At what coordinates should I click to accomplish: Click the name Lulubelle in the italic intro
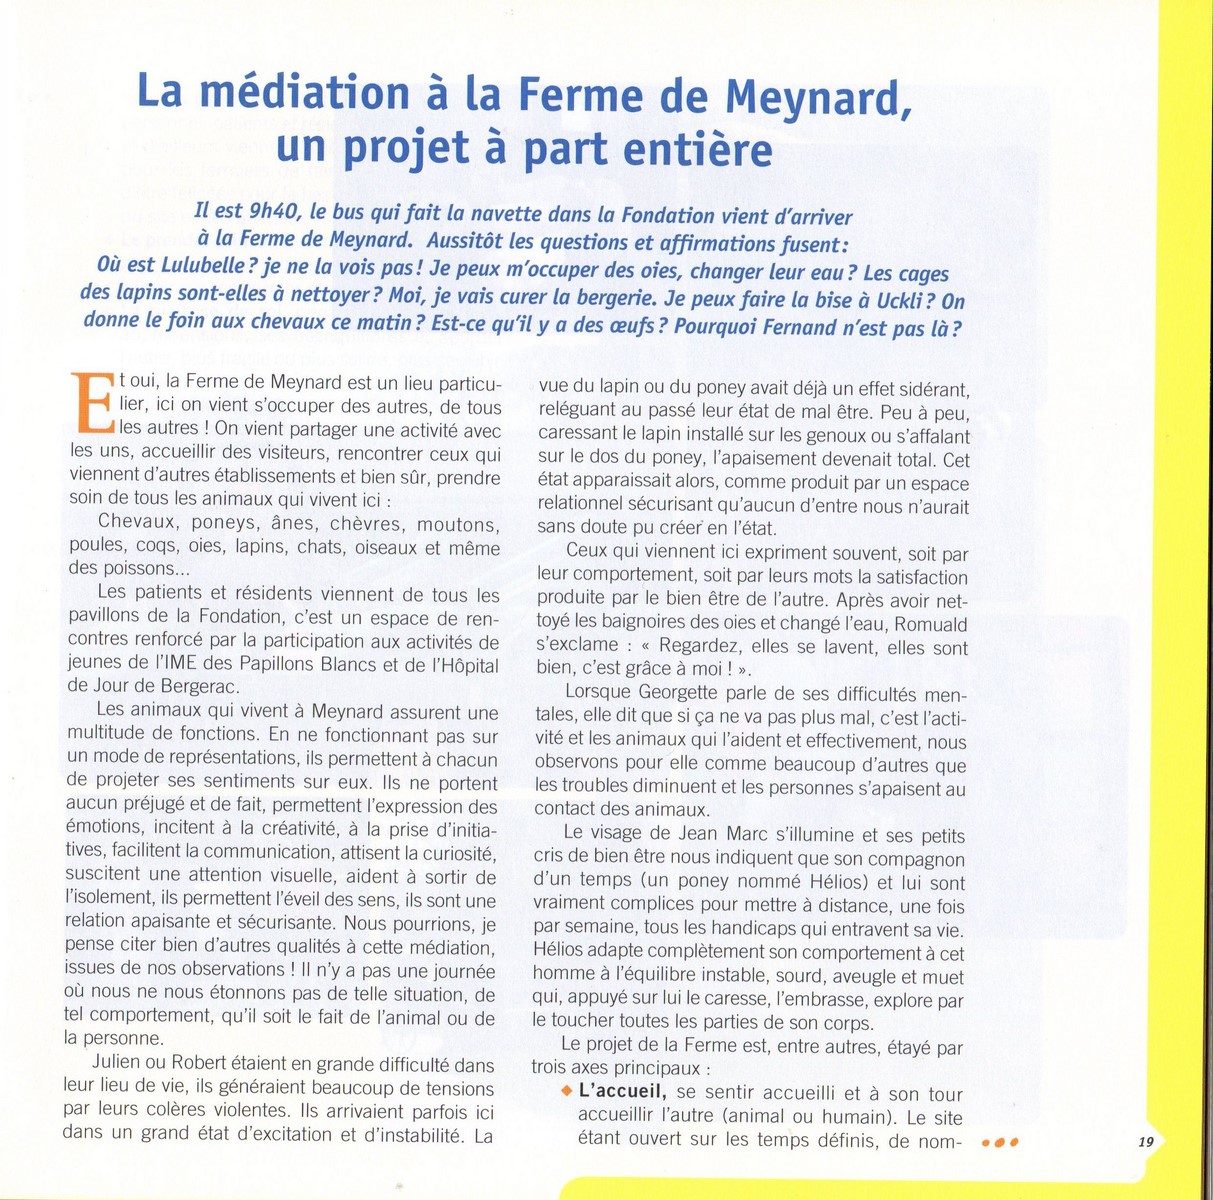click(x=188, y=272)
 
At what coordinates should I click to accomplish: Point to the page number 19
click(x=1146, y=1141)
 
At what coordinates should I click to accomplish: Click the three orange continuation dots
click(x=999, y=1141)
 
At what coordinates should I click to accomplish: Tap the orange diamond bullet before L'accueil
click(x=566, y=1091)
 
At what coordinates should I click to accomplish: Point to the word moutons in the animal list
click(x=456, y=523)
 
